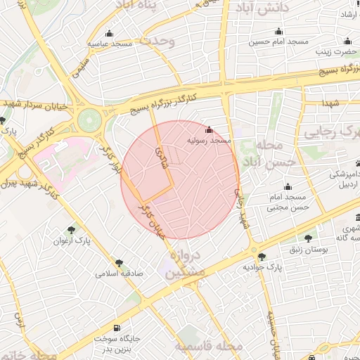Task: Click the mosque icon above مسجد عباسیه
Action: click(x=108, y=34)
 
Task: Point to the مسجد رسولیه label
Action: click(x=209, y=141)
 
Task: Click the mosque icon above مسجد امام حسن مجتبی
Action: click(x=287, y=187)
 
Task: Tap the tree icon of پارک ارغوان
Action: click(x=71, y=230)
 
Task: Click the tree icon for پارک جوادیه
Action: click(x=262, y=257)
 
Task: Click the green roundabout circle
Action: click(x=89, y=120)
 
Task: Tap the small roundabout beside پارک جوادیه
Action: click(x=252, y=250)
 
